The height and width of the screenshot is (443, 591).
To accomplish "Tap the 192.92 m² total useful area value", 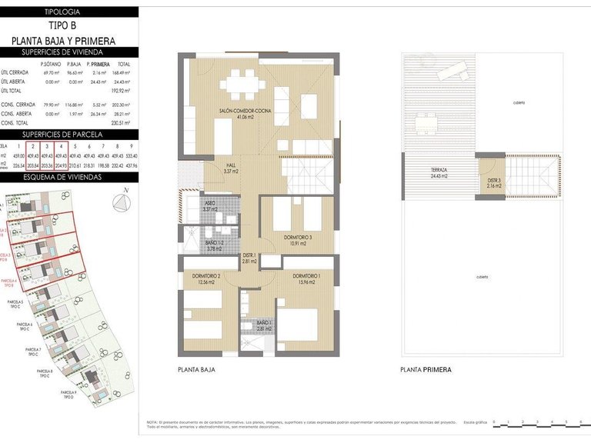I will tap(123, 90).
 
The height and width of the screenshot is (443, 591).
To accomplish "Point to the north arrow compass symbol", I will tap(121, 202).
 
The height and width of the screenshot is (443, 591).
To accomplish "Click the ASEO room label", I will tap(210, 205).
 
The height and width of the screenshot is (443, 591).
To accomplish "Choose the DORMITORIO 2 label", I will tap(208, 278).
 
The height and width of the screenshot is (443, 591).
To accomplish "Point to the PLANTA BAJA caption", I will tap(196, 370).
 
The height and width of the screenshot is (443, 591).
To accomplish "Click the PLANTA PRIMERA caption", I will tap(426, 370).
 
